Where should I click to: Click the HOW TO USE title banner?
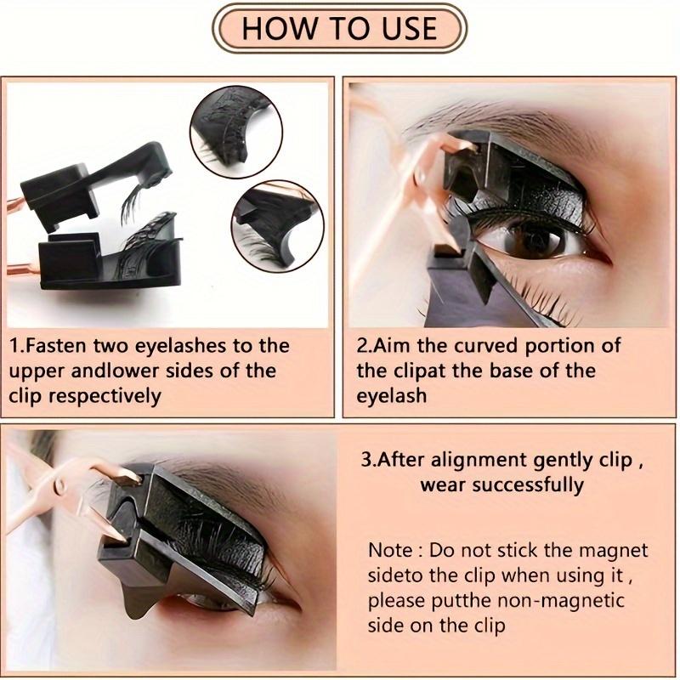click(x=339, y=28)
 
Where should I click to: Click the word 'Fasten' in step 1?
click(x=65, y=346)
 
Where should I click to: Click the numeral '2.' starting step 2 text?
click(x=364, y=346)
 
